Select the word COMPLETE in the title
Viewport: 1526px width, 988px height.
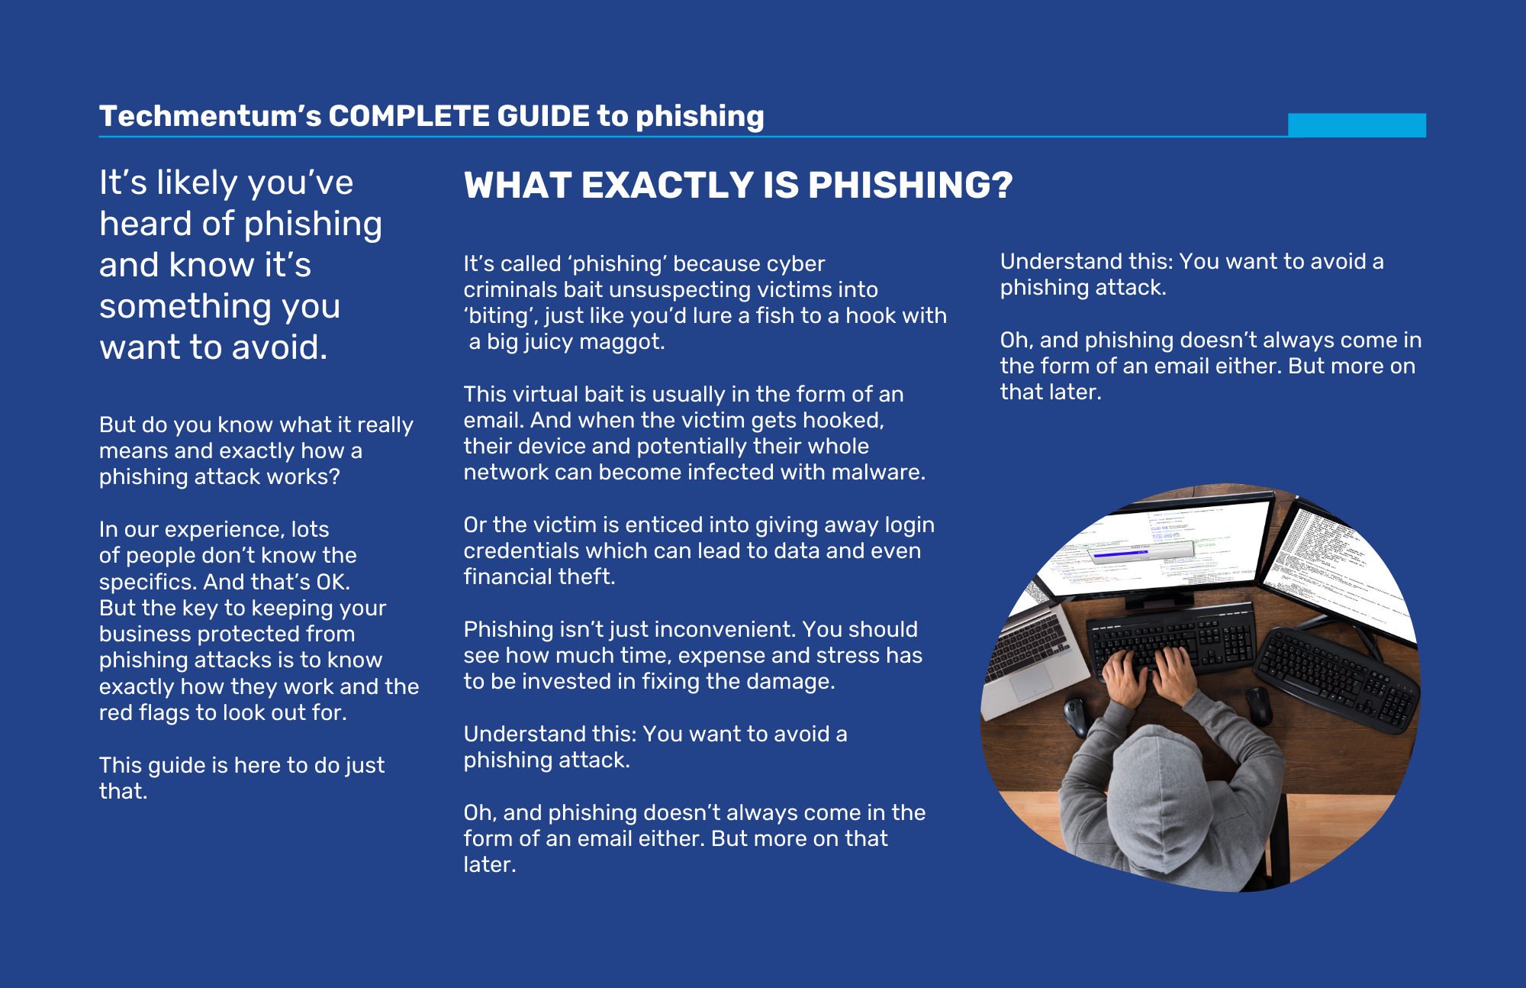[410, 116]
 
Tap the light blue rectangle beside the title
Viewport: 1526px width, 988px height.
[1357, 125]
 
